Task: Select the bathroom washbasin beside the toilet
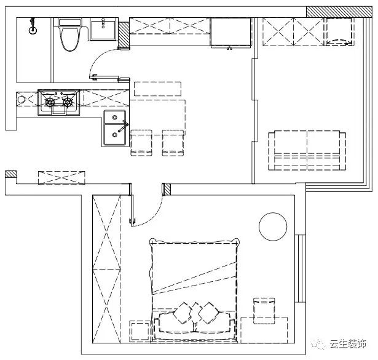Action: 103,30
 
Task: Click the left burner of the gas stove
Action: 50,102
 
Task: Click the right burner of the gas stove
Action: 68,102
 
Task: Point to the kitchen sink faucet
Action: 123,126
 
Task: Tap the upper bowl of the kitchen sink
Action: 115,118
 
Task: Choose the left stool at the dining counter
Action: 141,143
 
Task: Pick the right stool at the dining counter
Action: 173,143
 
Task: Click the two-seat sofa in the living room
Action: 307,151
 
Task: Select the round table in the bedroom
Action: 273,226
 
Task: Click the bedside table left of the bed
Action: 140,331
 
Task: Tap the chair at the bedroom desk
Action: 264,311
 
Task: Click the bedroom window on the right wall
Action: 300,268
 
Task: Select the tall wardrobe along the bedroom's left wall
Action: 106,269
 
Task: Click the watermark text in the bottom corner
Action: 348,344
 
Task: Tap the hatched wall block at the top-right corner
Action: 339,12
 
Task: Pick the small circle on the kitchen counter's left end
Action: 22,99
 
